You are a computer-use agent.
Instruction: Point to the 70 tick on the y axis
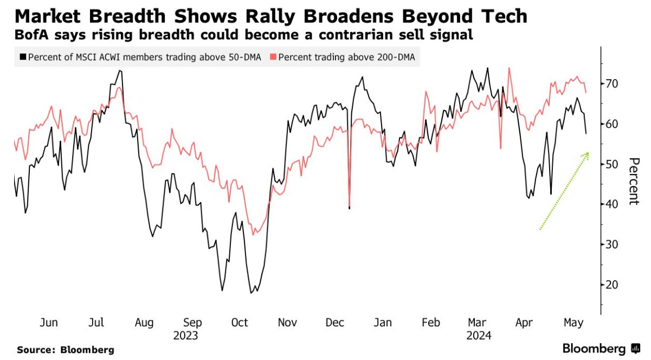click(613, 84)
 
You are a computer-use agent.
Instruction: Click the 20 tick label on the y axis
click(613, 285)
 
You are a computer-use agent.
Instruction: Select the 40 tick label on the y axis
click(613, 204)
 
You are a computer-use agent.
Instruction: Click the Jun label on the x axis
click(49, 323)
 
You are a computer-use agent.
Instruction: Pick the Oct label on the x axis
click(240, 323)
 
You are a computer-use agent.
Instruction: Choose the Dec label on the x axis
click(336, 323)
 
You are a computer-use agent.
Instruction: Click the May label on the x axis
click(573, 323)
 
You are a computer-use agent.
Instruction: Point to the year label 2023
click(186, 336)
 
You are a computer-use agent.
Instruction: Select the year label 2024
click(479, 336)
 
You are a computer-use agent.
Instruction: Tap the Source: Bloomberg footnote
click(66, 350)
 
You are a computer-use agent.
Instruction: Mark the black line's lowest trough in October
click(251, 293)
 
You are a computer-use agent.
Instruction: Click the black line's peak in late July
click(120, 71)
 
